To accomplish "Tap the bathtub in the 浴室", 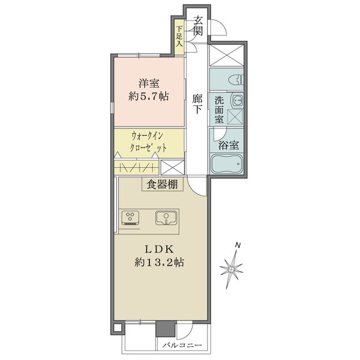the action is pyautogui.click(x=227, y=163).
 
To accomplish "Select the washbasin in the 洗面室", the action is pyautogui.click(x=237, y=100).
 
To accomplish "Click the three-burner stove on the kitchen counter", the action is pyautogui.click(x=130, y=217).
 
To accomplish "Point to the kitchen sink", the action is pyautogui.click(x=166, y=218).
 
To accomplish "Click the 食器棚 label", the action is pyautogui.click(x=162, y=184).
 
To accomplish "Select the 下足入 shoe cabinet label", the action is pyautogui.click(x=179, y=36).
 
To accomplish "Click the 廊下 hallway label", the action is pyautogui.click(x=197, y=104).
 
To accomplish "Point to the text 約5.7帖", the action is pyautogui.click(x=149, y=97).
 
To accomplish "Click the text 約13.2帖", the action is pyautogui.click(x=159, y=262).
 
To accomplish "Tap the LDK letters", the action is pyautogui.click(x=158, y=249).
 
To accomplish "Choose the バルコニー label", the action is pyautogui.click(x=182, y=345).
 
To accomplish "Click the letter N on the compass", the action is pyautogui.click(x=238, y=245).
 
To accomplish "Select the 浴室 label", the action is pyautogui.click(x=229, y=145).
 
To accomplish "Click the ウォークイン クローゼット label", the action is pyautogui.click(x=148, y=142).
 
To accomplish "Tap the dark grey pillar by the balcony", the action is pyautogui.click(x=166, y=329).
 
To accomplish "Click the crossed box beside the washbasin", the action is pyautogui.click(x=235, y=116).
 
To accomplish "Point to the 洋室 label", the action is pyautogui.click(x=149, y=83).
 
